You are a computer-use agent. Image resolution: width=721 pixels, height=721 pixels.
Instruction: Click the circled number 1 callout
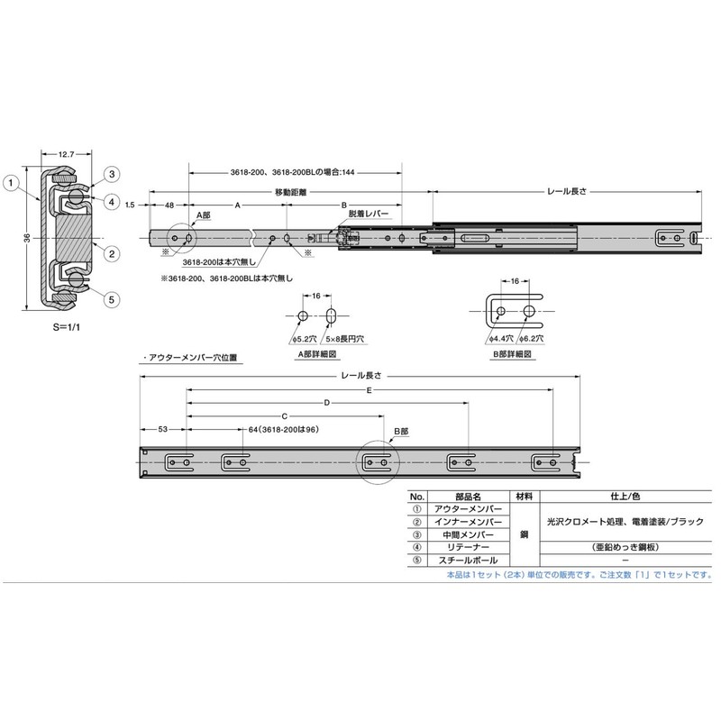coord(11,183)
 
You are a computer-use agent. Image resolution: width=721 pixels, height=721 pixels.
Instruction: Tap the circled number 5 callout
coord(111,300)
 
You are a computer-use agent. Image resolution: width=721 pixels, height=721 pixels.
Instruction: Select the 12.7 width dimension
coord(66,154)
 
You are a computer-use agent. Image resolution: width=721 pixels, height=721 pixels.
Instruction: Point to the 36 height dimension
coord(27,238)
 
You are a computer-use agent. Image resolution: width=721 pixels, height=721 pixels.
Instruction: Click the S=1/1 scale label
coord(66,327)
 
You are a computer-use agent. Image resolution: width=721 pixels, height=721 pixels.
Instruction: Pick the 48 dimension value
coord(169,205)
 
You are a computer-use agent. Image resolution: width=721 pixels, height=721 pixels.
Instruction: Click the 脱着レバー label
coord(369,214)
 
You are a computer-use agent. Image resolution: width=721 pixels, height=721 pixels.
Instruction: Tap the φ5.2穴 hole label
coord(304,339)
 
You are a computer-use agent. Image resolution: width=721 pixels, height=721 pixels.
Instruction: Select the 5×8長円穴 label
coord(345,339)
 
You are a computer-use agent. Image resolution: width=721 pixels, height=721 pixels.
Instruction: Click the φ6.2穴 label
coord(531,339)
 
